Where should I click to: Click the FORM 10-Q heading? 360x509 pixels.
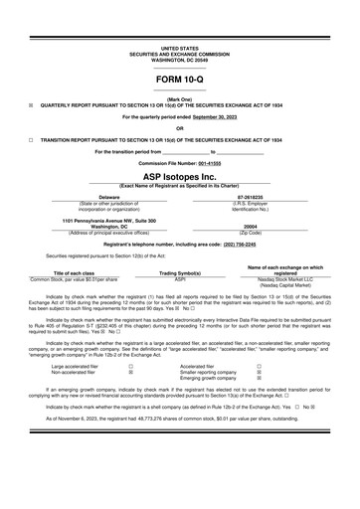179,77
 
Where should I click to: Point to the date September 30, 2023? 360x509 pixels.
220,115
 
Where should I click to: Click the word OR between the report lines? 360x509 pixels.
179,127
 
